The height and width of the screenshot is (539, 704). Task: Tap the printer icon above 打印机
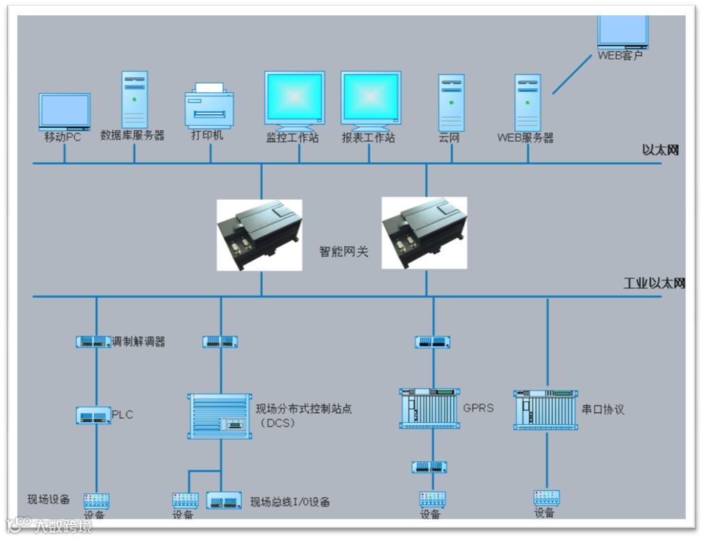[x=209, y=104]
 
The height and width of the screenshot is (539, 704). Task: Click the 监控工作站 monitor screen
[x=295, y=98]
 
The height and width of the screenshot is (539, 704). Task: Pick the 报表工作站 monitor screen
[x=370, y=98]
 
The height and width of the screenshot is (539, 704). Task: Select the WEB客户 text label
[x=621, y=56]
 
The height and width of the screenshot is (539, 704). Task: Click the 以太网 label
[x=660, y=150]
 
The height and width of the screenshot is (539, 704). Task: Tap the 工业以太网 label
[x=654, y=284]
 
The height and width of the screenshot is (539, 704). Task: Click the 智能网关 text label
[x=343, y=252]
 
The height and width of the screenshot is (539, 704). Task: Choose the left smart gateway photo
[x=259, y=235]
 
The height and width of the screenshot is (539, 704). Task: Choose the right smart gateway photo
[x=424, y=233]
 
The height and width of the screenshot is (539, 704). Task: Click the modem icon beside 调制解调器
[x=93, y=341]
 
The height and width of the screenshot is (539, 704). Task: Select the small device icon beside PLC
[x=93, y=416]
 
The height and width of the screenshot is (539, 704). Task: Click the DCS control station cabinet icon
[x=220, y=416]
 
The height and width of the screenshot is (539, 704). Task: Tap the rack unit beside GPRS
[x=429, y=408]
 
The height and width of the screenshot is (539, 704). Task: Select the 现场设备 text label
[x=49, y=499]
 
